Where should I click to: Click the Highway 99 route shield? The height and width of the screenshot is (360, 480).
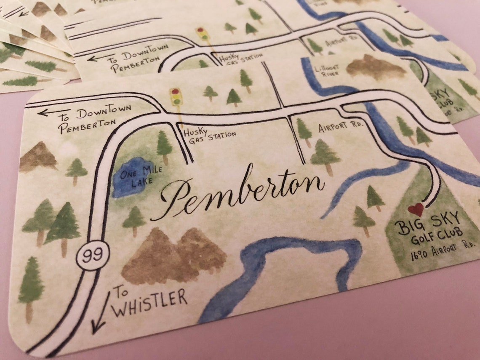click(93, 255)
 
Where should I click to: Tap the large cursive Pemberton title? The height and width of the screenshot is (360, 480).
click(240, 192)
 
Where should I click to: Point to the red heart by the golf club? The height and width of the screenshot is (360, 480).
click(416, 209)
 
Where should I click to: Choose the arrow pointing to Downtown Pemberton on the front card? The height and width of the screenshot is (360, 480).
click(48, 112)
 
